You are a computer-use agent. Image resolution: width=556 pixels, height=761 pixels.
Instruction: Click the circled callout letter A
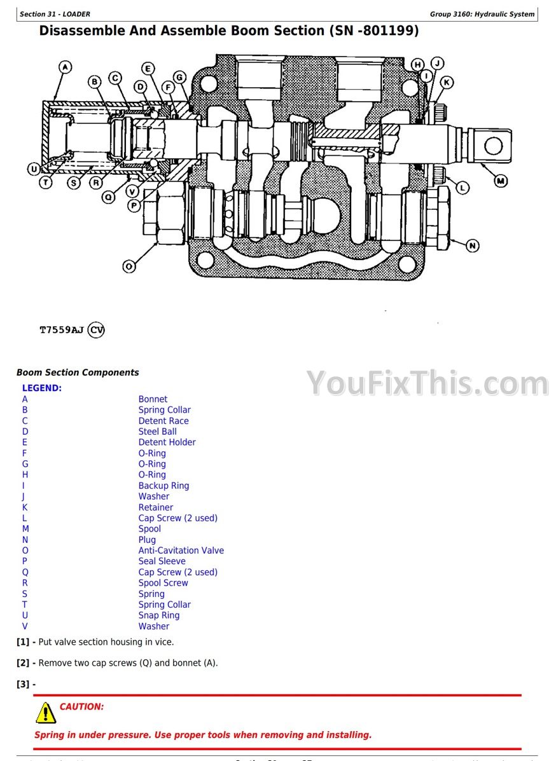66,67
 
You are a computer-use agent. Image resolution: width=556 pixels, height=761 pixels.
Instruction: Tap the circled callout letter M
501,181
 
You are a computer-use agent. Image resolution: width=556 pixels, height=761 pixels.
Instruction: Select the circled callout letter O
129,266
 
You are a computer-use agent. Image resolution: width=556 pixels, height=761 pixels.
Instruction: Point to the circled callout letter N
472,245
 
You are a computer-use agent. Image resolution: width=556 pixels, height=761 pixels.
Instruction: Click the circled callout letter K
447,82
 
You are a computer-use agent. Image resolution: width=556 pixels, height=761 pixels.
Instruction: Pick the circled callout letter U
33,169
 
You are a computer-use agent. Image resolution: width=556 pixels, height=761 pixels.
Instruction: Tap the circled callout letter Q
109,197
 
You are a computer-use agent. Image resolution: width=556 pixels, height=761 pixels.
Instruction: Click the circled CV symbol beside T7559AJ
96,330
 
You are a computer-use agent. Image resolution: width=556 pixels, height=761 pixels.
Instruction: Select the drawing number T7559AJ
62,330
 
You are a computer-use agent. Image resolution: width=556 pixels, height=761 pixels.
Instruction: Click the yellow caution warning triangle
46,713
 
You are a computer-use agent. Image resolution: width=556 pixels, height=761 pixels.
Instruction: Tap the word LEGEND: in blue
42,388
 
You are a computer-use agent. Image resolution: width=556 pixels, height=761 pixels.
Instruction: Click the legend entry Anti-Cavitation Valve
181,551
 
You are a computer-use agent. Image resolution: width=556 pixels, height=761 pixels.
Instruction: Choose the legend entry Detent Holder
167,442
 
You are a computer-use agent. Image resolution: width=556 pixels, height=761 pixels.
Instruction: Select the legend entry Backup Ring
163,486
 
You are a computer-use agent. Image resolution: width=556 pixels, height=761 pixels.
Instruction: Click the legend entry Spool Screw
163,583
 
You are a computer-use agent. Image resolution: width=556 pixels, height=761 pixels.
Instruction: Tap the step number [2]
24,663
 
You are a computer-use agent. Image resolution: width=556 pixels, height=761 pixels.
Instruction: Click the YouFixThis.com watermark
427,384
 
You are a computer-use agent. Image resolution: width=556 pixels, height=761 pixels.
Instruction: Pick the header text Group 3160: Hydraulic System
482,14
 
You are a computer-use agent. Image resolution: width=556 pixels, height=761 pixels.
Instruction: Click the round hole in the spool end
493,146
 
